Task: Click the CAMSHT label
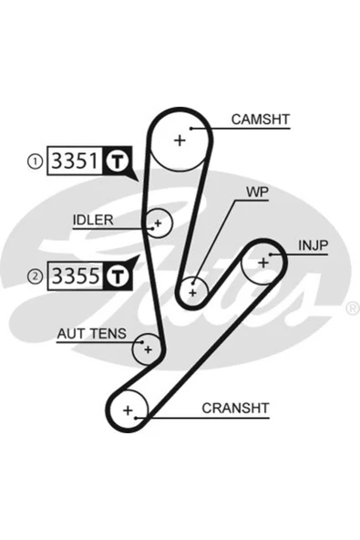click(261, 119)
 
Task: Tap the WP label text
click(257, 192)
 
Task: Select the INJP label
click(314, 245)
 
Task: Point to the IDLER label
click(93, 220)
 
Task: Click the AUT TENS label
click(91, 334)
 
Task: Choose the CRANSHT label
click(235, 408)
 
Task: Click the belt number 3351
click(75, 161)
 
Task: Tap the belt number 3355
click(76, 275)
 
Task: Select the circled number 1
click(35, 161)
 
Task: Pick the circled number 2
click(35, 276)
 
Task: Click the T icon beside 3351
click(117, 161)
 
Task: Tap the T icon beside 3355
click(117, 275)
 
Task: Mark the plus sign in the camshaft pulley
click(180, 140)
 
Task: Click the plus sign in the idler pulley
click(158, 223)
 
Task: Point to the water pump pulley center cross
click(192, 293)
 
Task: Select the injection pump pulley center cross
click(263, 263)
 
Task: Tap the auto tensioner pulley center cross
click(148, 350)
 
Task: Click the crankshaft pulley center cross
click(128, 410)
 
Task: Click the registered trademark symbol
click(352, 308)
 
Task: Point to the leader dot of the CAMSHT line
click(191, 129)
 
